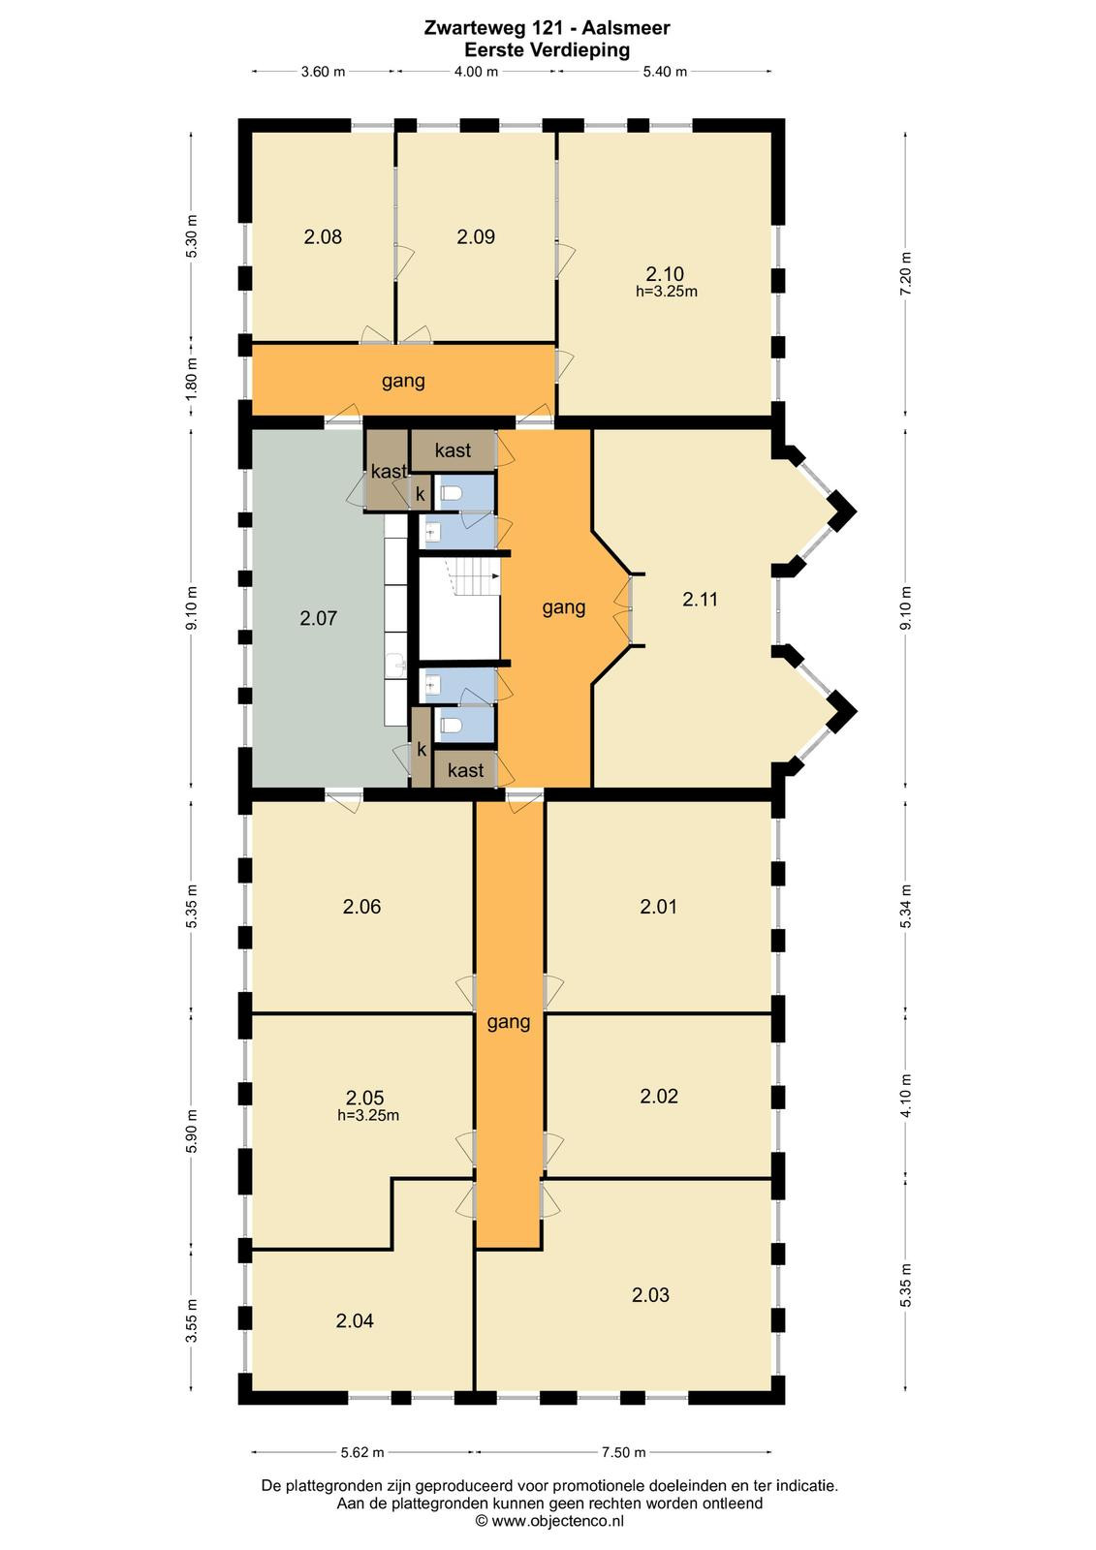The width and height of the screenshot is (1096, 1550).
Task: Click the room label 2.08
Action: point(323,236)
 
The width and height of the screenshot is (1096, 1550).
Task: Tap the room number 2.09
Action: point(476,236)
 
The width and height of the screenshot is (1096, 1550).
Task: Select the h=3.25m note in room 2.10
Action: point(666,292)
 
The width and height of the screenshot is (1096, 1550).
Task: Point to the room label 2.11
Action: point(700,600)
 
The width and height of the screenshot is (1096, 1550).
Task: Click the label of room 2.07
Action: point(319,618)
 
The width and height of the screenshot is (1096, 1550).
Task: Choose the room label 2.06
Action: point(361,907)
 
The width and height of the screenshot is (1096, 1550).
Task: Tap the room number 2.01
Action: point(658,907)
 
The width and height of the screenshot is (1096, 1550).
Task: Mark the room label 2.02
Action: point(658,1096)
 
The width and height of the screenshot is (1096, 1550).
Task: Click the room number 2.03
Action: point(650,1294)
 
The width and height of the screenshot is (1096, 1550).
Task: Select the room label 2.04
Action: point(355,1321)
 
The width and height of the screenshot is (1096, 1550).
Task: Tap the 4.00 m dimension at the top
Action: point(476,72)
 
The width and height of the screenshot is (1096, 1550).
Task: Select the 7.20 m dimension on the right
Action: point(907,273)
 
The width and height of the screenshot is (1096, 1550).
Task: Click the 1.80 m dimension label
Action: point(192,377)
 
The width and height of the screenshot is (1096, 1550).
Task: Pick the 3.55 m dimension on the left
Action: point(192,1320)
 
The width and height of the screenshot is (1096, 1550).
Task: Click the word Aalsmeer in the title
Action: point(625,28)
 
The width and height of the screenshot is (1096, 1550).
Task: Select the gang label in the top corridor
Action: point(403,382)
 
